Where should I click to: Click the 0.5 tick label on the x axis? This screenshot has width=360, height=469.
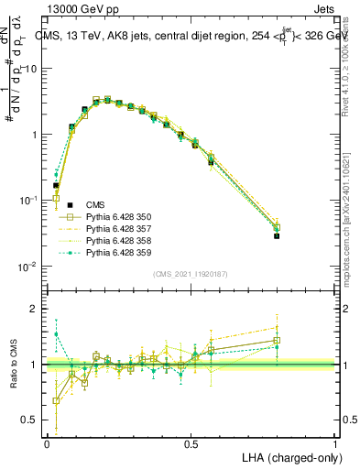click(x=191, y=443)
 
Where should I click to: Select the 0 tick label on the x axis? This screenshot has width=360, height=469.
click(x=47, y=443)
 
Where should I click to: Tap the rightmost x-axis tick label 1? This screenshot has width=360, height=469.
click(x=335, y=443)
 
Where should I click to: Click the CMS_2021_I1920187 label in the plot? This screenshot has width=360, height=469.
click(x=190, y=274)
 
